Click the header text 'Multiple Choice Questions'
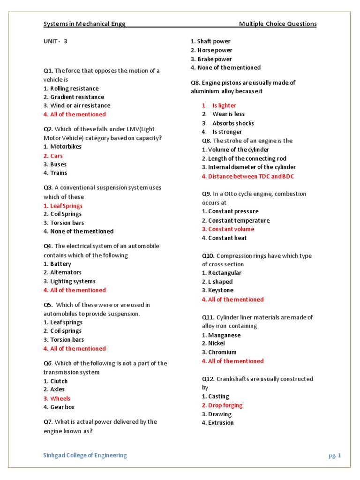[277, 24]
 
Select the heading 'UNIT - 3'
[55, 41]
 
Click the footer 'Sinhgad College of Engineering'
[85, 455]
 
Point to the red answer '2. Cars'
[53, 156]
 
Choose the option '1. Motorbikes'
[62, 146]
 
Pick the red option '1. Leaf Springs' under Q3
[63, 206]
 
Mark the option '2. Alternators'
[62, 272]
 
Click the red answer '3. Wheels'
[57, 398]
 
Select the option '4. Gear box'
[59, 407]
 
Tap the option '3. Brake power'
[211, 59]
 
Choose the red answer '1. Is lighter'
[219, 105]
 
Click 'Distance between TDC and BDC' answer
[248, 176]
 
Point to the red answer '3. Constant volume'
[228, 229]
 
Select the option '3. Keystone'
[217, 290]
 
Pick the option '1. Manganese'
[221, 335]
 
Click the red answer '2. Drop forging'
[222, 405]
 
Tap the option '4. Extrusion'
[217, 423]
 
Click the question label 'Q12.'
[208, 379]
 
